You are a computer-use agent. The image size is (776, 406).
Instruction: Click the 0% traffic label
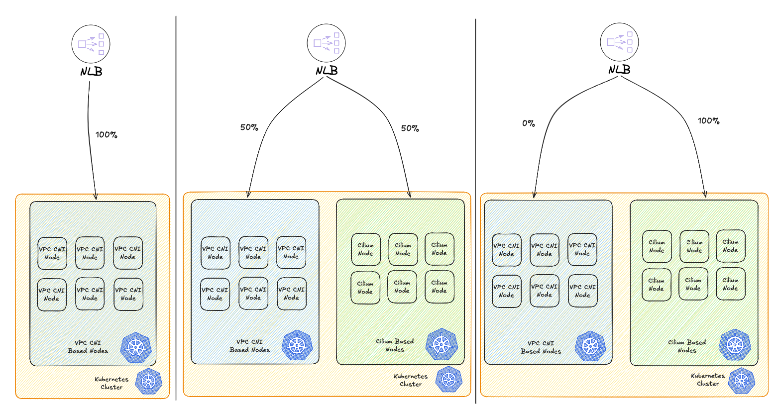click(529, 123)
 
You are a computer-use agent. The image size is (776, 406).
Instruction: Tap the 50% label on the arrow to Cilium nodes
click(410, 128)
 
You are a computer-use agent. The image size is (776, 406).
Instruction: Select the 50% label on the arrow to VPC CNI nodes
click(249, 127)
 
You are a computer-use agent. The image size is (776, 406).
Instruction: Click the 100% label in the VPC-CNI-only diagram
click(106, 135)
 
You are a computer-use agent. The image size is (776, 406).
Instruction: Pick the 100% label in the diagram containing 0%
click(708, 121)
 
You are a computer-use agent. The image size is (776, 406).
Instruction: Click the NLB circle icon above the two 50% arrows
click(326, 43)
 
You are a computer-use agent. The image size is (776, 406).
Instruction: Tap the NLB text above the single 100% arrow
click(91, 72)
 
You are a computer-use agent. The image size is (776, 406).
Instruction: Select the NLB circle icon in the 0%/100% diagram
click(619, 42)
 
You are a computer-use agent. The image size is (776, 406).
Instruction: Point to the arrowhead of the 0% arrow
click(534, 195)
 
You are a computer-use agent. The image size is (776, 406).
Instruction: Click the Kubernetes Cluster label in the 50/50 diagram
click(411, 380)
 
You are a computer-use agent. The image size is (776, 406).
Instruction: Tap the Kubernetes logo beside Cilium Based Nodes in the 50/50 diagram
click(441, 344)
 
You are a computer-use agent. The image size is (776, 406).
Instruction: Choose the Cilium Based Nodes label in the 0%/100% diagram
click(687, 346)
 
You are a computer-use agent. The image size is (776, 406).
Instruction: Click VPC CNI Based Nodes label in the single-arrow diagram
click(88, 347)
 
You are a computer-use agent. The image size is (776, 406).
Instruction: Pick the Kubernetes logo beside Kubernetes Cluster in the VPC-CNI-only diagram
click(148, 382)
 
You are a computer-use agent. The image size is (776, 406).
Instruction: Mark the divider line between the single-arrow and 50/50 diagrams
click(176, 209)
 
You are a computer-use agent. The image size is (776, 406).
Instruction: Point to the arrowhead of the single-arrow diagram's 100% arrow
click(96, 197)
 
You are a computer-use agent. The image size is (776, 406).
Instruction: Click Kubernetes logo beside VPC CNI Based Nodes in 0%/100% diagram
click(590, 346)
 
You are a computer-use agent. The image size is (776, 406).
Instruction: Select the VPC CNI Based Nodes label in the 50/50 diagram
click(249, 346)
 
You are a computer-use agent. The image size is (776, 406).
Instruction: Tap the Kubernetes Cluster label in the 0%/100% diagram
click(708, 380)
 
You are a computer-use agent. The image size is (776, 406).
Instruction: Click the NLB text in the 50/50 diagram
click(327, 71)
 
